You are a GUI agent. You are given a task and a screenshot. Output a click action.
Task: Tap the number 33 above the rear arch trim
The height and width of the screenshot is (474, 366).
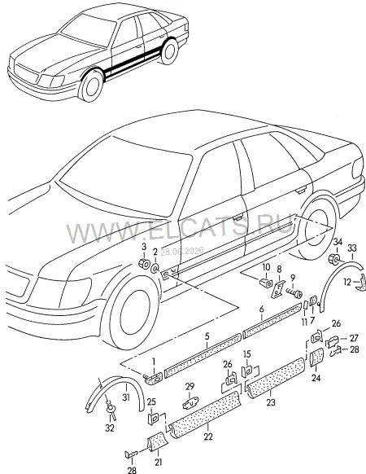(x=352, y=248)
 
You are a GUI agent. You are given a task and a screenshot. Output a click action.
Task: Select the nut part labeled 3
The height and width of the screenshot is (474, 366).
(x=144, y=264)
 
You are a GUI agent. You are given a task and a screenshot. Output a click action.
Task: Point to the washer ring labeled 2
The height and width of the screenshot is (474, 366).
(x=155, y=268)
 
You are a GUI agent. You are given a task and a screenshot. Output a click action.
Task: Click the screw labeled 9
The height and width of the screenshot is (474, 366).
(x=294, y=293)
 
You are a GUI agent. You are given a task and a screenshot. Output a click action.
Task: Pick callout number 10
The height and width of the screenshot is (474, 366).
(x=266, y=267)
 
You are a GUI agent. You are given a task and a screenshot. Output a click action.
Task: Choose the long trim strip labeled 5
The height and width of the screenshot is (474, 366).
(x=203, y=355)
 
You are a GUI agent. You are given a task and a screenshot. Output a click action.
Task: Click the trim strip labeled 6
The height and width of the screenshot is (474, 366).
(x=272, y=320)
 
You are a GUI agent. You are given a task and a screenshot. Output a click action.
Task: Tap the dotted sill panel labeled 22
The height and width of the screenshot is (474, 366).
(x=205, y=415)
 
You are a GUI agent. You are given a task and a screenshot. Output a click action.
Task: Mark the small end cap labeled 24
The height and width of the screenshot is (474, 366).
(x=316, y=357)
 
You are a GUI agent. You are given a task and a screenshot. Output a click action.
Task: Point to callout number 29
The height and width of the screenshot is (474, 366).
(x=190, y=386)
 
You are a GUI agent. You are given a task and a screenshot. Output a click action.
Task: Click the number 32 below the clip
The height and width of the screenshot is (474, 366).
(x=110, y=428)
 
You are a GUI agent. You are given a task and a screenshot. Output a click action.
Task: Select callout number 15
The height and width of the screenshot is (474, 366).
(x=247, y=353)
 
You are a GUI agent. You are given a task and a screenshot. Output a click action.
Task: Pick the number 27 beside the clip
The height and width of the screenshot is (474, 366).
(x=354, y=338)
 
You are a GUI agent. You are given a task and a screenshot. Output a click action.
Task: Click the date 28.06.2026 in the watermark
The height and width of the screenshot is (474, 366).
(x=182, y=251)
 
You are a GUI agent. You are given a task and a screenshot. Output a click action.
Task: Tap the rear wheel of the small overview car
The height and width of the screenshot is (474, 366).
(x=170, y=50)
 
